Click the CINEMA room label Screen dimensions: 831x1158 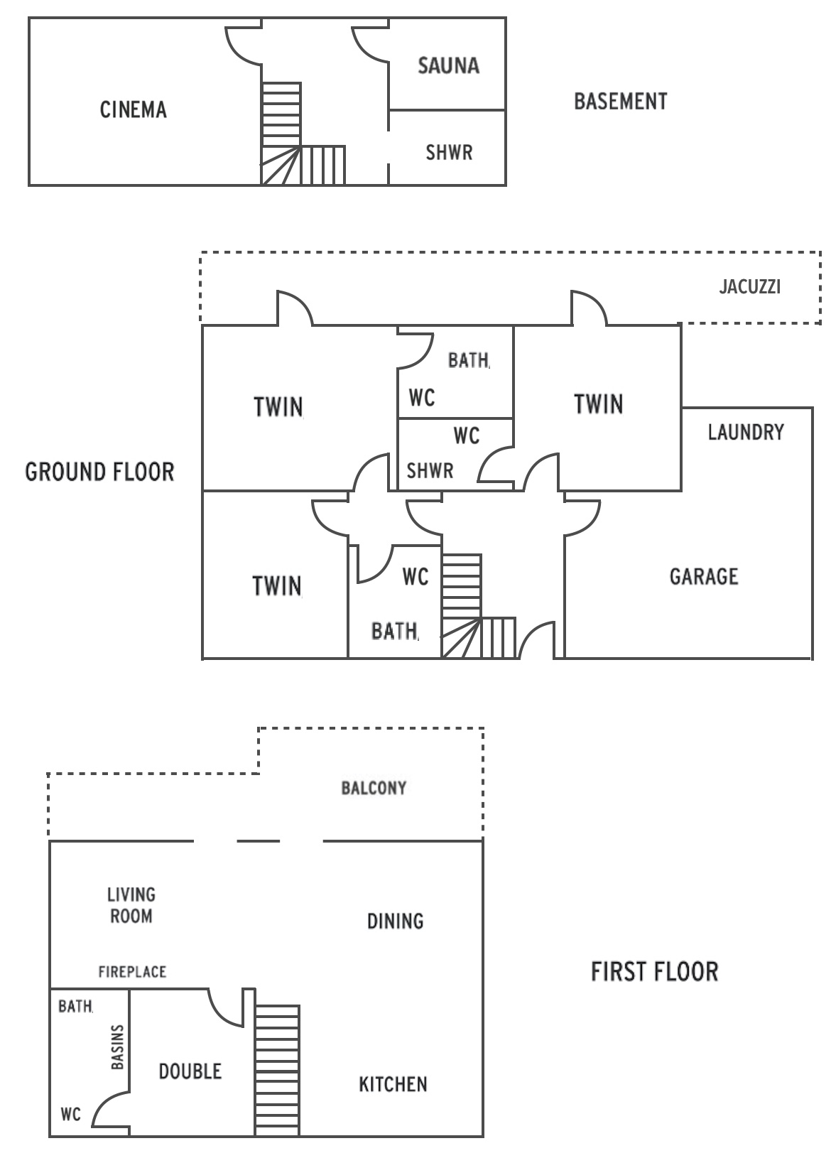(x=134, y=109)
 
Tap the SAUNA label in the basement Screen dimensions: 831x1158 (x=449, y=65)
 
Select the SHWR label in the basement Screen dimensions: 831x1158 (x=449, y=153)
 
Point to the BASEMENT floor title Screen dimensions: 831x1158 (x=621, y=102)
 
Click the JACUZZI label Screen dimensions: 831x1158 (x=750, y=286)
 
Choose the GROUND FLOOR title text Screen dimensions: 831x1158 (x=99, y=472)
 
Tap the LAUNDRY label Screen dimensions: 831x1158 (x=746, y=432)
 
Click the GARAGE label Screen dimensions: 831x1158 (x=704, y=576)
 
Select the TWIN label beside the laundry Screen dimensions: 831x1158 (x=599, y=404)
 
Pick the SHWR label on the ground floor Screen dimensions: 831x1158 (x=430, y=470)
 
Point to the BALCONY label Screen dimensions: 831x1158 (x=374, y=788)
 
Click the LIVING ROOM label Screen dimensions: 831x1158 (x=131, y=905)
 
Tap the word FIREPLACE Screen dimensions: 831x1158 (x=132, y=971)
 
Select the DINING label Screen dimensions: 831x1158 (x=396, y=921)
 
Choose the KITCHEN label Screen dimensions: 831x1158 (x=393, y=1084)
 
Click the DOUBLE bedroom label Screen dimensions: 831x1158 (x=190, y=1071)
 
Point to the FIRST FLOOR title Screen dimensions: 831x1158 (x=655, y=971)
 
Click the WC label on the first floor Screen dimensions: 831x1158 (x=71, y=1113)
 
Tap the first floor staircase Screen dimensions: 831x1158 (x=278, y=1070)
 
